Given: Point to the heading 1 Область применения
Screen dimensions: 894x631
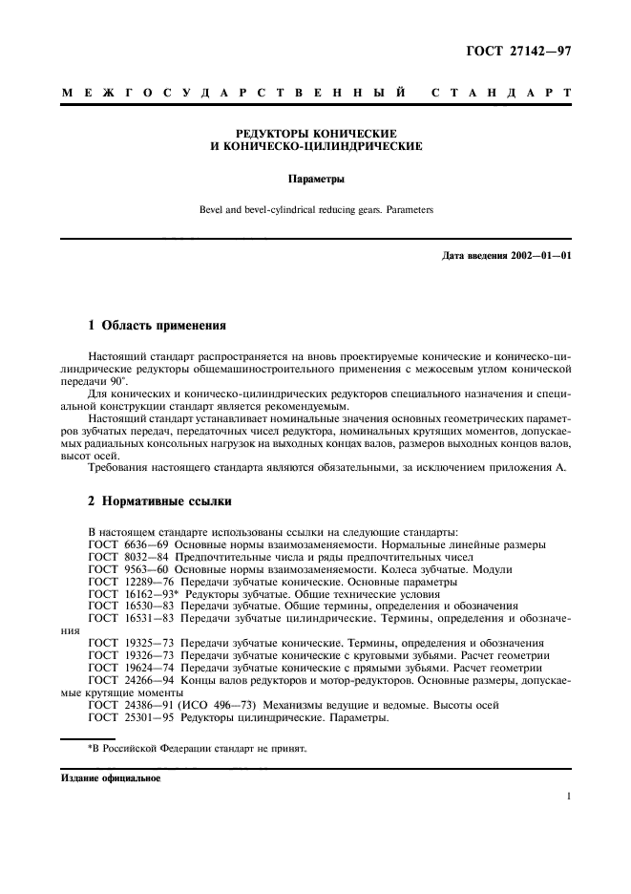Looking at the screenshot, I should coord(157,326).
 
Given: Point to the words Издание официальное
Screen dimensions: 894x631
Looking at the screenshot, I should coord(111,778).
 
